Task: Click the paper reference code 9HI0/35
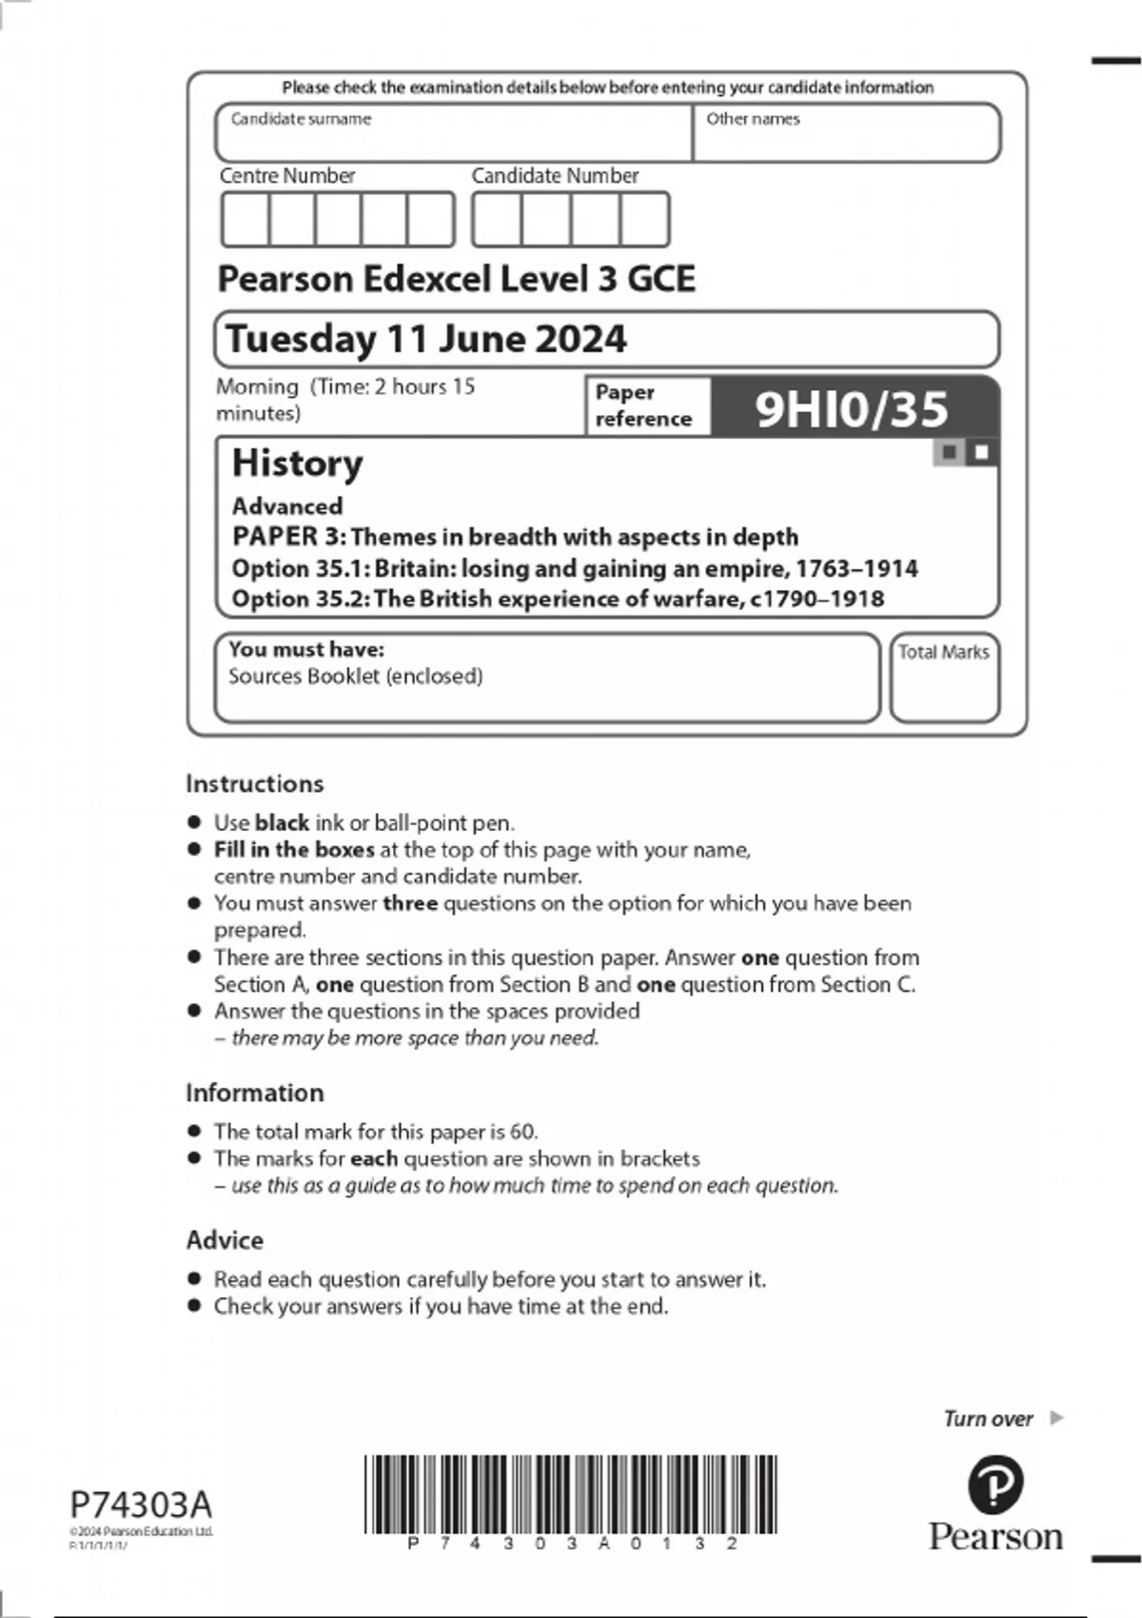click(851, 408)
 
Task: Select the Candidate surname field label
click(301, 119)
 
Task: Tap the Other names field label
click(753, 119)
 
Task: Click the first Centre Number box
click(245, 220)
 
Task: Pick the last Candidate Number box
click(644, 220)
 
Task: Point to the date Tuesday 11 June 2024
click(425, 339)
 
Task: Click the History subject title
click(297, 464)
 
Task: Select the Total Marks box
click(944, 678)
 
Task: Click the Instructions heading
click(254, 783)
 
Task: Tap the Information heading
click(254, 1093)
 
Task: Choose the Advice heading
click(225, 1240)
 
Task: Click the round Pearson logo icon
click(994, 1484)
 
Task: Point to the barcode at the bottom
click(570, 1493)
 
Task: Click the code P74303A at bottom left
click(141, 1505)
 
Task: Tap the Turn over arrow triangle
click(1055, 1418)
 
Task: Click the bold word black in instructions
click(282, 823)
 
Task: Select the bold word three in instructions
click(410, 903)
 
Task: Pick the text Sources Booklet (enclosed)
click(355, 677)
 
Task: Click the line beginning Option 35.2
click(558, 599)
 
